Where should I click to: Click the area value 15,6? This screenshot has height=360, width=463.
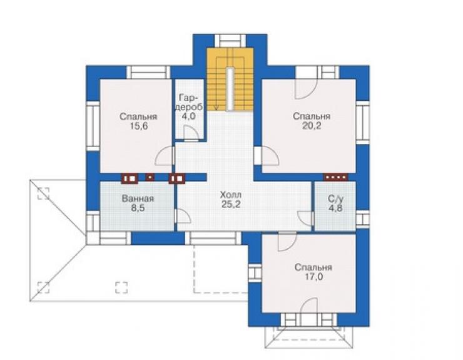138,126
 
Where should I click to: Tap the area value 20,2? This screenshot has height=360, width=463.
312,126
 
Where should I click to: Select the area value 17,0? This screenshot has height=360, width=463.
313,277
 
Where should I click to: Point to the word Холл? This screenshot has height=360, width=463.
231,195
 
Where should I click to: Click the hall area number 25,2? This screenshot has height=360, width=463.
231,204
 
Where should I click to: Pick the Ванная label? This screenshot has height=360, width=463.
138,198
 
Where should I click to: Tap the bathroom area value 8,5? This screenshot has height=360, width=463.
138,208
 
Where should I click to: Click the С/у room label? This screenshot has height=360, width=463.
335,198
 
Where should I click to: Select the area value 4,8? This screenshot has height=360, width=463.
336,208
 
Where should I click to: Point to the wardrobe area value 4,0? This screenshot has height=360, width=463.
188,116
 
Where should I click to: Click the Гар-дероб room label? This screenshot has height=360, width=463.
190,101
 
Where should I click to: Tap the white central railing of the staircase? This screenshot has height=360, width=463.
230,89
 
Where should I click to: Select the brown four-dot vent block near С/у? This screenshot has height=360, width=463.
335,177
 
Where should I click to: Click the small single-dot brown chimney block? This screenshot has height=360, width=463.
150,177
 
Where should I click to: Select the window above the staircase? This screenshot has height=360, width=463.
230,41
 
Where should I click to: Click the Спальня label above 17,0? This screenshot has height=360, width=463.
313,267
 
